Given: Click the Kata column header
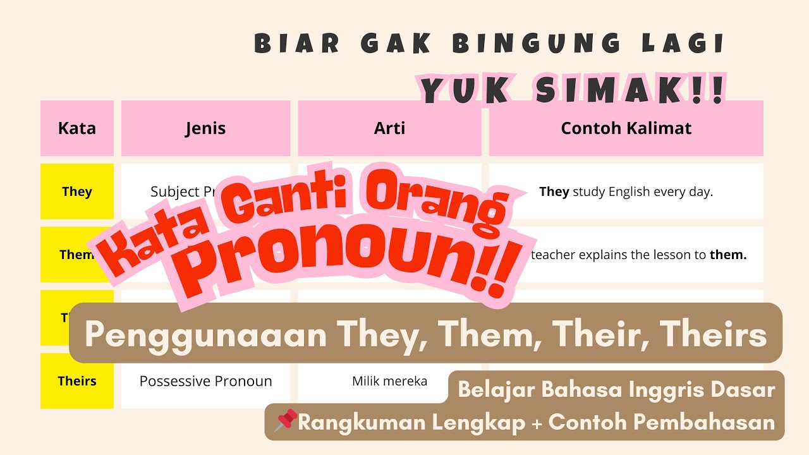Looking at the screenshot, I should click(77, 128).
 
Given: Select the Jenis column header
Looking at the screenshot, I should click(205, 128).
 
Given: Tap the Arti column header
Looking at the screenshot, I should click(389, 128).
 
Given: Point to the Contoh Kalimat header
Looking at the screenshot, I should click(626, 128).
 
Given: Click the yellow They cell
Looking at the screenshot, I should click(77, 191).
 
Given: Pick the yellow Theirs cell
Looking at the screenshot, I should click(77, 381).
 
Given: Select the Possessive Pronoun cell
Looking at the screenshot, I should click(205, 381).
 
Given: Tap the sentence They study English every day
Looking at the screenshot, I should click(626, 191).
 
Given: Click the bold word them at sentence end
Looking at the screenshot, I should click(728, 255).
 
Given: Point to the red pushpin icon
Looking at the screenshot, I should click(285, 421).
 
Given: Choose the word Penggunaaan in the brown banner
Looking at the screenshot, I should click(205, 335).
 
